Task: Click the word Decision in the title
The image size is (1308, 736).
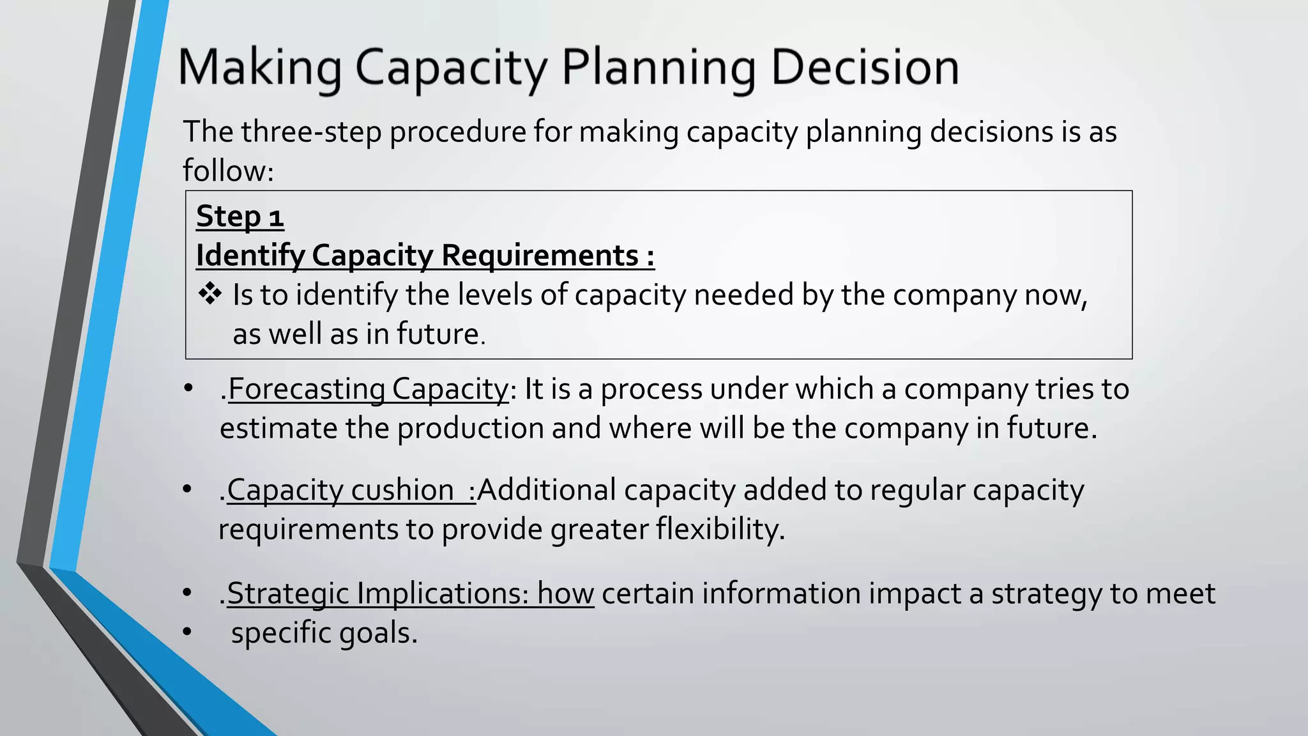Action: coord(865,68)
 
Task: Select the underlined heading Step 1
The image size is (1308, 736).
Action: coord(240,216)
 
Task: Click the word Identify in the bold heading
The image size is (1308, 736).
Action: coord(250,256)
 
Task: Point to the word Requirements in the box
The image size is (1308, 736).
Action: coord(540,256)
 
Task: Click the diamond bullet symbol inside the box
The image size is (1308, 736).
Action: coord(209,295)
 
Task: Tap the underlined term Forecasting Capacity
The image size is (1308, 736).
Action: coord(368,389)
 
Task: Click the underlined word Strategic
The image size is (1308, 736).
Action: coord(288,594)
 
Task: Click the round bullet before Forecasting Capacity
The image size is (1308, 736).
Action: coord(188,388)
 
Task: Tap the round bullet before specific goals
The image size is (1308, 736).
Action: coord(187,632)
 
